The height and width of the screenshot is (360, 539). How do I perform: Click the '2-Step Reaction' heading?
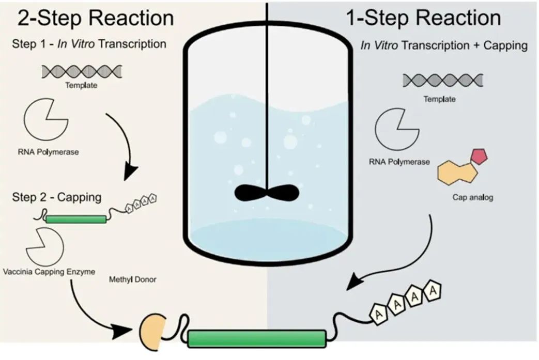[x=96, y=18]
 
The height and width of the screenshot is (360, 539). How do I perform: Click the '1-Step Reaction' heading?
[x=423, y=18]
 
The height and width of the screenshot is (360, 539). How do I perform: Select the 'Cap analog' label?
[x=472, y=197]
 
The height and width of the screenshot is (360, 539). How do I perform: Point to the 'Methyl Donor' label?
[x=133, y=279]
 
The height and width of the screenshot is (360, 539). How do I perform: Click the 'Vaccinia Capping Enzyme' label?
[x=49, y=272]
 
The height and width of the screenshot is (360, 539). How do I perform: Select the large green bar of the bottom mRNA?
[x=257, y=339]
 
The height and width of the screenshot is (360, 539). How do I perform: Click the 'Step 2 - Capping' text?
[x=57, y=197]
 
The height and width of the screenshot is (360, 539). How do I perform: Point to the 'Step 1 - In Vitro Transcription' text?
[x=89, y=44]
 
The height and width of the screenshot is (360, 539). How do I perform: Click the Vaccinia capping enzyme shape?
[x=44, y=245]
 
